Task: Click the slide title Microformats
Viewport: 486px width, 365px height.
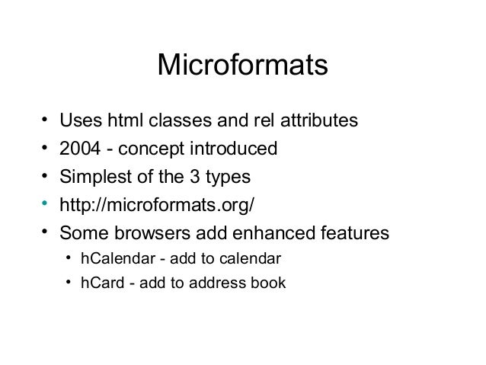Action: pos(242,66)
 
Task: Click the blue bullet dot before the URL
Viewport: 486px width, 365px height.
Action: pos(45,203)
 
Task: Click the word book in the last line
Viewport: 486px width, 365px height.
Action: pos(270,283)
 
